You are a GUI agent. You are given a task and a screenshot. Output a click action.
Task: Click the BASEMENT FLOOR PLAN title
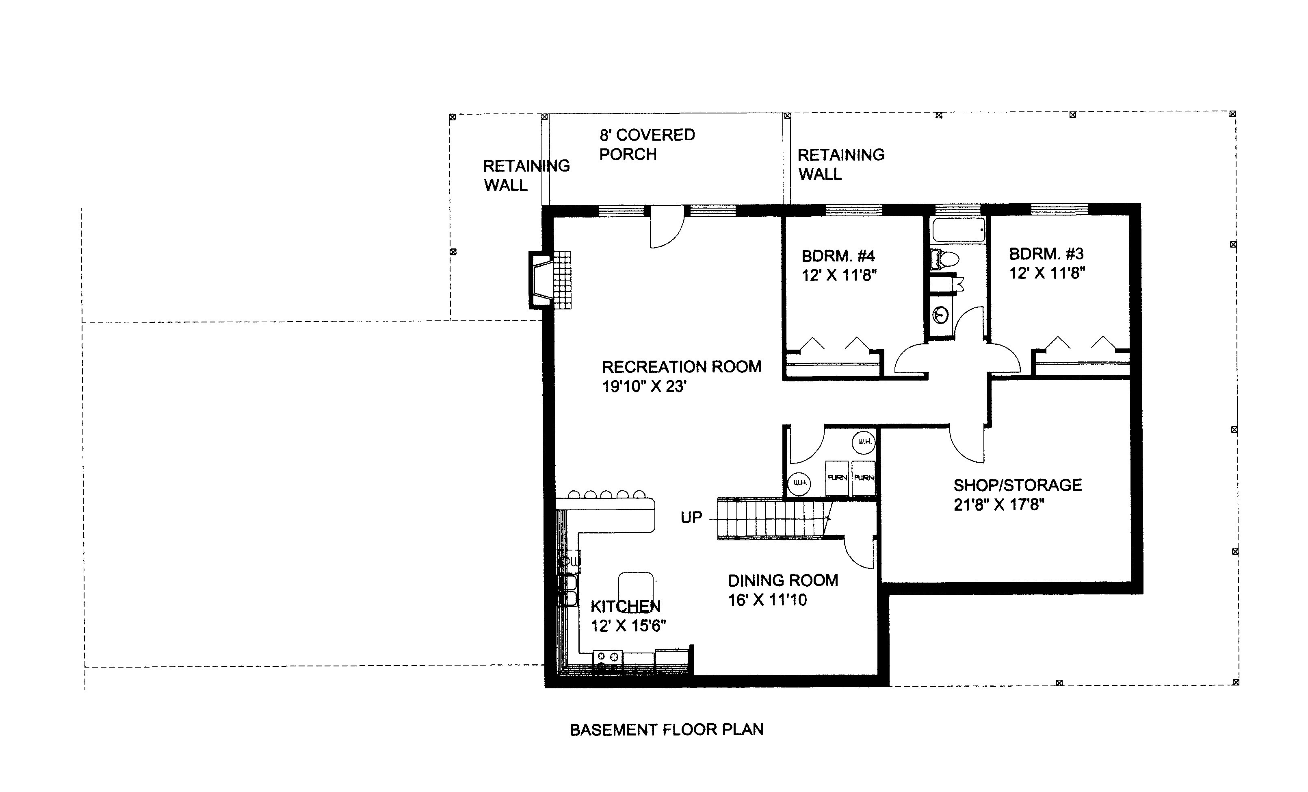[667, 730]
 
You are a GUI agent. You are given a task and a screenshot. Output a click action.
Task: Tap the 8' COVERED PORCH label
[647, 144]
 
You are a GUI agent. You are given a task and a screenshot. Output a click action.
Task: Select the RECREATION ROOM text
[682, 366]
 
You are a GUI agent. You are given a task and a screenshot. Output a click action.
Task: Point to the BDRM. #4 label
[838, 256]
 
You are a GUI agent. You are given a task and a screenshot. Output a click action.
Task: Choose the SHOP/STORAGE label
[1018, 485]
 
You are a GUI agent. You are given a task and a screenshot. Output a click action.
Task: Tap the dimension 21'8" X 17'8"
[999, 505]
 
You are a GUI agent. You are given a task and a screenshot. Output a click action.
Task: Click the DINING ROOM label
[783, 580]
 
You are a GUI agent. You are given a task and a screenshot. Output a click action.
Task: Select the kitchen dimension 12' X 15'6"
[628, 626]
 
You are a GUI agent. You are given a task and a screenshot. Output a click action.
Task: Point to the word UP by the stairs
[691, 518]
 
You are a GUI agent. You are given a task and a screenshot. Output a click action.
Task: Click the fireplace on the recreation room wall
[550, 280]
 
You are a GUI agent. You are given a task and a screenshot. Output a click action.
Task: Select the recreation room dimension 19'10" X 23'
[644, 387]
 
